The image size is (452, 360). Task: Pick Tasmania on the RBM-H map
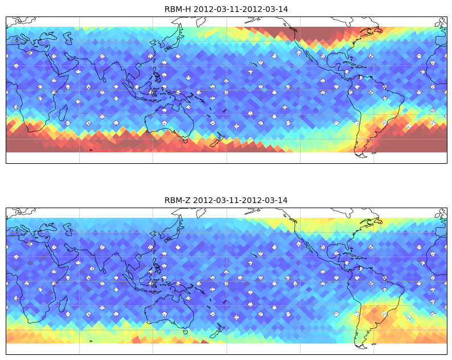[186, 141]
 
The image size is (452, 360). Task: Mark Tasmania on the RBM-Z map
[186, 332]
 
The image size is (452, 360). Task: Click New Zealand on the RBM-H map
[217, 140]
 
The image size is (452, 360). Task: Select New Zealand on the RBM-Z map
[217, 331]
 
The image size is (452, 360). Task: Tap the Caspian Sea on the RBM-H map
[68, 38]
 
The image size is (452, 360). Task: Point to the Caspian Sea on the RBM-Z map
[68, 229]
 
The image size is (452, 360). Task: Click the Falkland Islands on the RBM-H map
[373, 153]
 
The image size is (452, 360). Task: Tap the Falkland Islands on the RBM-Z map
[373, 344]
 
